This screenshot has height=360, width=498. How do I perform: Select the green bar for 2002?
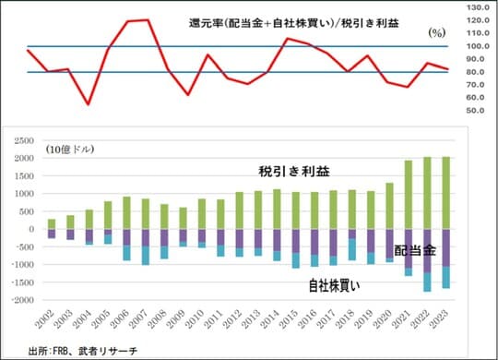[53, 223]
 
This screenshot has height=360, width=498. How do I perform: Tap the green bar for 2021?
[409, 195]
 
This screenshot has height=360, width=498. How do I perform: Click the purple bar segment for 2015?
[296, 240]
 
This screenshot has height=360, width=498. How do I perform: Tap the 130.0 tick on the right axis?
[477, 6]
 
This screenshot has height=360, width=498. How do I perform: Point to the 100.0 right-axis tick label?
[477, 45]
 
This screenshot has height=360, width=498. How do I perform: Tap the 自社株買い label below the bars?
[335, 287]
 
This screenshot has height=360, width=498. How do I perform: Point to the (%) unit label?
[437, 32]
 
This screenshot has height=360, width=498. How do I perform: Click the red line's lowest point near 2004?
[89, 104]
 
